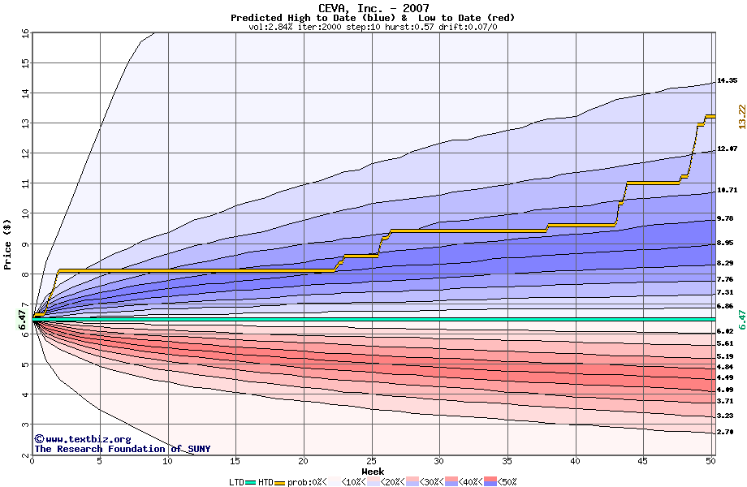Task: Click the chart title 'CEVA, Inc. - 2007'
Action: (x=373, y=8)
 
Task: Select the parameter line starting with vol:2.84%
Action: (x=373, y=27)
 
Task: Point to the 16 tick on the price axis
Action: (x=25, y=33)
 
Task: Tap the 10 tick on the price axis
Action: (x=25, y=213)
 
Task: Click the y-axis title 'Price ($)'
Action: (x=8, y=243)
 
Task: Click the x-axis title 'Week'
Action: (x=373, y=471)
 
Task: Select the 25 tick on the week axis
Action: (x=371, y=461)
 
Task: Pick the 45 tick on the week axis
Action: (x=643, y=461)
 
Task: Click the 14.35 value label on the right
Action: (x=727, y=81)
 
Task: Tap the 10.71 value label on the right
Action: (x=727, y=191)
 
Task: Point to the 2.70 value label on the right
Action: (x=727, y=433)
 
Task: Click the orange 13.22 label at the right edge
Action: (x=741, y=116)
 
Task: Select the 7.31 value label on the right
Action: (x=725, y=292)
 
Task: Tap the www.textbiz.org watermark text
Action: (x=81, y=439)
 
